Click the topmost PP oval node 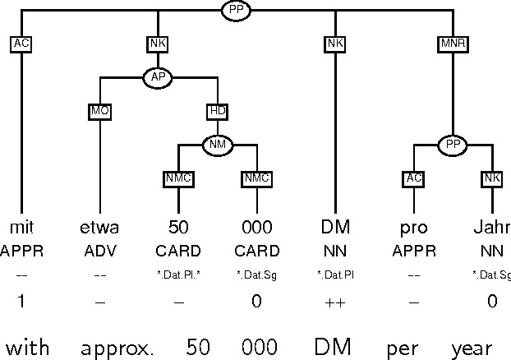(237, 11)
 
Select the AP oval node (157, 77)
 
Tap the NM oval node (218, 145)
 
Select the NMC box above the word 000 (256, 178)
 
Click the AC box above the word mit (21, 44)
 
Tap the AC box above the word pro (413, 178)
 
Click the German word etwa (99, 227)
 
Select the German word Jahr (492, 227)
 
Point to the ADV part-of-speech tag (99, 251)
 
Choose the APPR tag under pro (413, 251)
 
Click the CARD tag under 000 (256, 251)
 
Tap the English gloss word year (472, 348)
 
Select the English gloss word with (28, 348)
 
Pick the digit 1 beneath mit (21, 302)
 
